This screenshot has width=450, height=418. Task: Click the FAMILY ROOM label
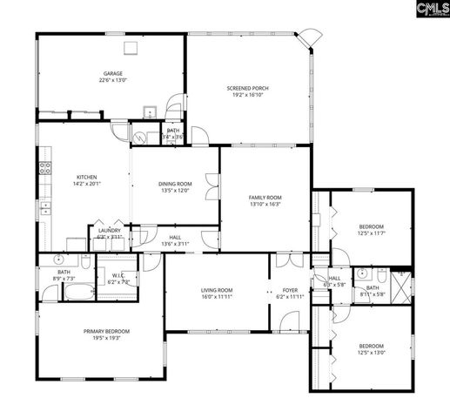(x=265, y=198)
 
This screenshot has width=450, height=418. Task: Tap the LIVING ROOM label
(x=218, y=290)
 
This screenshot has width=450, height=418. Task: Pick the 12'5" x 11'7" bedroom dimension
(x=371, y=233)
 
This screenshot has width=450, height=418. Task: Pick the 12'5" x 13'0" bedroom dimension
(x=371, y=353)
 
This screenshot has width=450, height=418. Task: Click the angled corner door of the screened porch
(x=306, y=38)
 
